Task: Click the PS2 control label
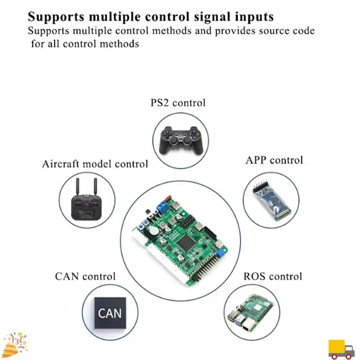pyautogui.click(x=178, y=103)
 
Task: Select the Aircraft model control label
pyautogui.click(x=95, y=164)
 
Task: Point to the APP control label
pyautogui.click(x=274, y=160)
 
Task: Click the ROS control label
pyautogui.click(x=273, y=276)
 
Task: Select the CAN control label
pyautogui.click(x=85, y=276)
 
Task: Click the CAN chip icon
pyautogui.click(x=110, y=313)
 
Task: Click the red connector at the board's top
pyautogui.click(x=168, y=198)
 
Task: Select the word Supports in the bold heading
pyautogui.click(x=55, y=17)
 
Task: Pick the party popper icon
pyautogui.click(x=13, y=345)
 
